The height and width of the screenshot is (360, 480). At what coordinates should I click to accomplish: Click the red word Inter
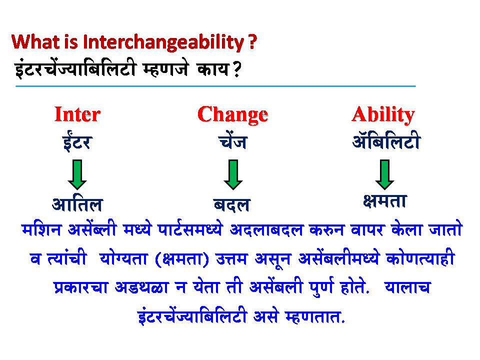[x=77, y=114]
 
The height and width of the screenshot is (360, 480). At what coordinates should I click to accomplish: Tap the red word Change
[x=232, y=114]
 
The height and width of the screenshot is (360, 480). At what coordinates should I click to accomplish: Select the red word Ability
[x=383, y=114]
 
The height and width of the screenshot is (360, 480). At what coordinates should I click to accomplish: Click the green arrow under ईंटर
[x=77, y=174]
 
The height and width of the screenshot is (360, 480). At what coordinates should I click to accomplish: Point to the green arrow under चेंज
[x=233, y=174]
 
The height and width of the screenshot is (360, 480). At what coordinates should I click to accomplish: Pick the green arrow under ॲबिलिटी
[x=384, y=174]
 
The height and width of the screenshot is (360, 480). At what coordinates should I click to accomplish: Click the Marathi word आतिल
[x=77, y=204]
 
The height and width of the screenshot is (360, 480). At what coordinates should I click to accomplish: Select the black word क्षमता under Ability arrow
[x=384, y=200]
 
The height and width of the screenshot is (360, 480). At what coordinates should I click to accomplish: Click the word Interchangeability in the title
[x=163, y=42]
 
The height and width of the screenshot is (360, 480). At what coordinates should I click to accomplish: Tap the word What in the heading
[x=32, y=42]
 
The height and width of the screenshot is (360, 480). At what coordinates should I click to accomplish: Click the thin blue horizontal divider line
[x=215, y=86]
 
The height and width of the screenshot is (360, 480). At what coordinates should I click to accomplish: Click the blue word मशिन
[x=42, y=230]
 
